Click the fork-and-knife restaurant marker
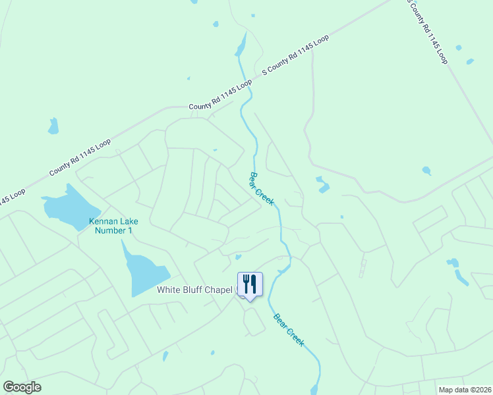point(250,284)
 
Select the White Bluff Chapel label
point(196,290)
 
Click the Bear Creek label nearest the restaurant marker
point(290,330)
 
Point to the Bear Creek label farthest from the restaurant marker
point(261,188)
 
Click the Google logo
point(22,387)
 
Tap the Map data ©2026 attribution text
point(464,390)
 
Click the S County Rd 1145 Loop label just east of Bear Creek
point(295,55)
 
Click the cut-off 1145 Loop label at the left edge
point(11,197)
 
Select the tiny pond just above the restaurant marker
point(238,257)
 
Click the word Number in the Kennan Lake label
point(108,230)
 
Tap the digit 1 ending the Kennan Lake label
point(130,230)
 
